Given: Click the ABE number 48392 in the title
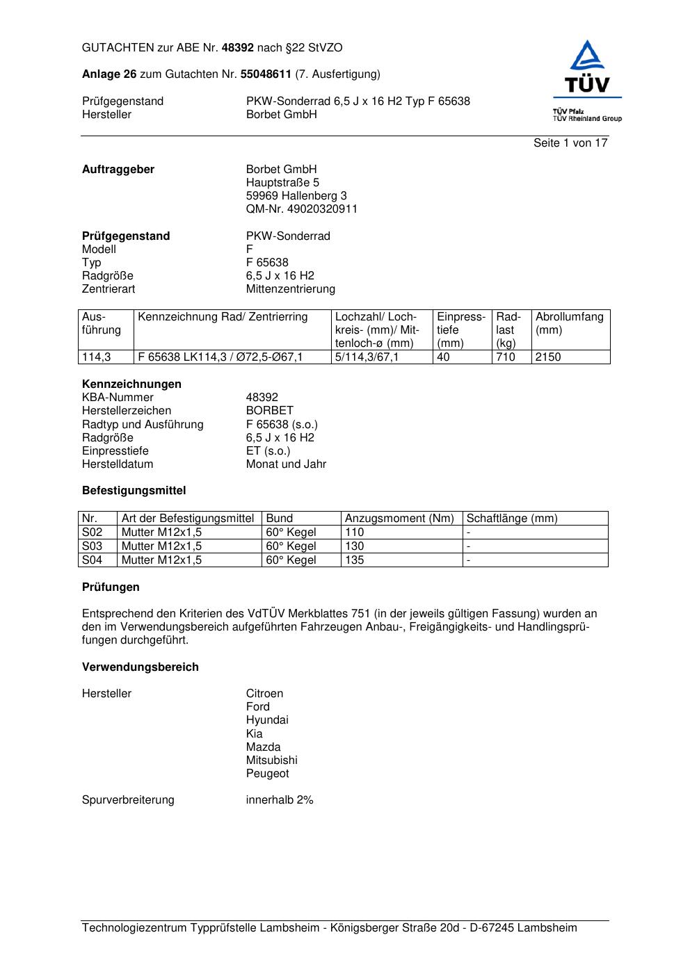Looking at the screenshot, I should point(237,48).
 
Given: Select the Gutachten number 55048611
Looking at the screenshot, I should point(266,74).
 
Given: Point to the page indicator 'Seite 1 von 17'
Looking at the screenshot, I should point(570,143).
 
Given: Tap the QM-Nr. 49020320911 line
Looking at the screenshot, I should point(301,209).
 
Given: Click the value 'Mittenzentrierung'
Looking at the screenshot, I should point(290,289).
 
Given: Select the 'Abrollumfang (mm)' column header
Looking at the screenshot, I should point(569,323).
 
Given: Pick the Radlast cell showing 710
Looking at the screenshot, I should point(506,357).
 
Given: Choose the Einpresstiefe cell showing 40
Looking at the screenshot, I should point(443,357).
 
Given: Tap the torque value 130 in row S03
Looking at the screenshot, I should point(355,546).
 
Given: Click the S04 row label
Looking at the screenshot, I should point(92,560).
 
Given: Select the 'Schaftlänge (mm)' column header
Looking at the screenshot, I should point(512,519).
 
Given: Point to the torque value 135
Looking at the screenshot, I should point(355,560).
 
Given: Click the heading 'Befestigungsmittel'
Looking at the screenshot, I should point(134,491).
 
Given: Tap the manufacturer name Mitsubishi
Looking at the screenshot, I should point(271,761).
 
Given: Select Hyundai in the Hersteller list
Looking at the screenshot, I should point(266,720).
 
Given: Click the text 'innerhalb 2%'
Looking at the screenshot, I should point(280,800).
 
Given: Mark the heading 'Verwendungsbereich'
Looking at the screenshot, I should point(140,667).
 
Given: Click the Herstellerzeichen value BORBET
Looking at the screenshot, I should point(269,411).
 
